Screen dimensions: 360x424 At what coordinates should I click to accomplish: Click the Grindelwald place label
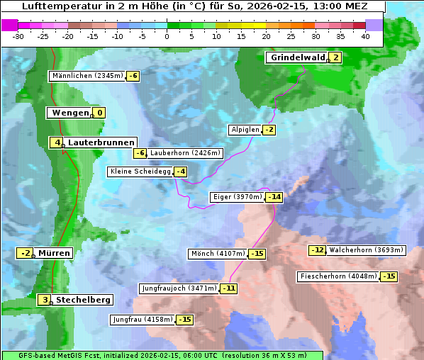(x=297, y=57)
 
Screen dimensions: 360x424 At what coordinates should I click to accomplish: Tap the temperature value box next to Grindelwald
(x=336, y=58)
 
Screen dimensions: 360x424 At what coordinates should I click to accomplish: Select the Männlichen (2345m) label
(x=87, y=76)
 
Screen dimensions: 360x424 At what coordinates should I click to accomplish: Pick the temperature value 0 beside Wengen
(x=99, y=113)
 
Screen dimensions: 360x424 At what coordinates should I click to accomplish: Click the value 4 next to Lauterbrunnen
(x=57, y=142)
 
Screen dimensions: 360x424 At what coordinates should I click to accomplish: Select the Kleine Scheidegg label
(x=140, y=171)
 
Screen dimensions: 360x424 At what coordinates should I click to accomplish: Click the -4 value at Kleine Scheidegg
(x=181, y=171)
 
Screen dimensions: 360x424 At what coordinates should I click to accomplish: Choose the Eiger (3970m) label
(x=237, y=197)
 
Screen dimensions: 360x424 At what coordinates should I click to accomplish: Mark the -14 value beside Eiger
(x=274, y=197)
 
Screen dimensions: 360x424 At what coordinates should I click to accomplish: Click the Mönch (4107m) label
(x=218, y=254)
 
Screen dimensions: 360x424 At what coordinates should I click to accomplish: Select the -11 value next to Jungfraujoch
(x=228, y=288)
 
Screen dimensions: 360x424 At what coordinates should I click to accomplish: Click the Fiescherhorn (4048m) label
(x=337, y=276)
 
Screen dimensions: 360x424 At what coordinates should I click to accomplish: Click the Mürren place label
(x=54, y=253)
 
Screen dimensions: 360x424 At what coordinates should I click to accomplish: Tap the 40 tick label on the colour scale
(x=365, y=36)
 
